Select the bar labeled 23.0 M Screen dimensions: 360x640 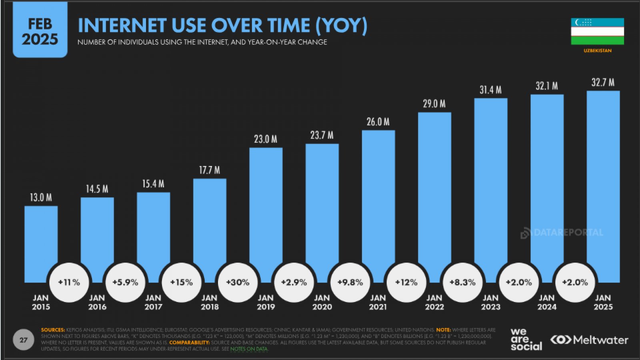[x=266, y=208]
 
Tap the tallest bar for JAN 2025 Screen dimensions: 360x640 [x=603, y=180]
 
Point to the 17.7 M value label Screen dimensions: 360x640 [x=210, y=170]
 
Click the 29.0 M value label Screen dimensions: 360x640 [x=434, y=104]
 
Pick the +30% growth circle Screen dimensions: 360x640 [x=238, y=282]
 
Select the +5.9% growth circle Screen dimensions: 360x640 [x=125, y=282]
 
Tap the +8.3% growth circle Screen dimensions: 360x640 [x=462, y=282]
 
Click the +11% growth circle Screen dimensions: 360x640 [x=69, y=282]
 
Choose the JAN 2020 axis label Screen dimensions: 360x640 [x=322, y=302]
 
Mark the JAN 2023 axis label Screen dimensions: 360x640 [x=490, y=302]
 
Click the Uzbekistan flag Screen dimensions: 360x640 [x=597, y=31]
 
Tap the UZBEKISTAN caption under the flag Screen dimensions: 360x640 [x=597, y=51]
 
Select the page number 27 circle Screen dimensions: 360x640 [x=24, y=340]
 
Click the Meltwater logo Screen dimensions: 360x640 [x=589, y=340]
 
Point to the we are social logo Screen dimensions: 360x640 [x=526, y=339]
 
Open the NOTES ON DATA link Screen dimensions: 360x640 [x=249, y=349]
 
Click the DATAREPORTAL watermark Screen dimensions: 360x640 [x=562, y=233]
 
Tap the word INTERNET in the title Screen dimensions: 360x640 [x=122, y=26]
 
